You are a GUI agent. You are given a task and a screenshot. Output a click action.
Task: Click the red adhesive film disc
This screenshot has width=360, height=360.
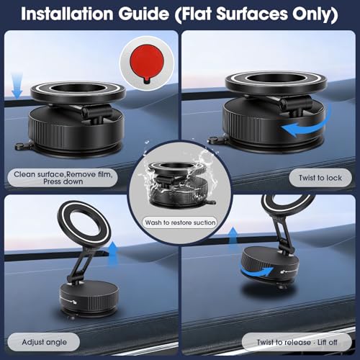coord(147,62)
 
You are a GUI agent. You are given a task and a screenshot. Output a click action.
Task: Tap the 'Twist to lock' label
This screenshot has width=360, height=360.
coord(320,178)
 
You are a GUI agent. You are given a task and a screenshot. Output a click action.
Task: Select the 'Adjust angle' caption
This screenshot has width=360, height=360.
coord(44,342)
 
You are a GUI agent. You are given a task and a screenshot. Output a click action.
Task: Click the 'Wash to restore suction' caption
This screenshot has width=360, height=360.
coord(180,222)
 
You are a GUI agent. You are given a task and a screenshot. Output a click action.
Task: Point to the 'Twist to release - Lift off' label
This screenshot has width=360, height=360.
coord(297,342)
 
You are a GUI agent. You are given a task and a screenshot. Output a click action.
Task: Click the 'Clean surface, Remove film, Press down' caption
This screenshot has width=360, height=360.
coord(63,178)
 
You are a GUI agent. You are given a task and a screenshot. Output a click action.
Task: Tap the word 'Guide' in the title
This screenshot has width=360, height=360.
coord(143,14)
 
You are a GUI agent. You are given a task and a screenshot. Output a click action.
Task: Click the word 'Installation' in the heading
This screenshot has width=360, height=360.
coord(67,14)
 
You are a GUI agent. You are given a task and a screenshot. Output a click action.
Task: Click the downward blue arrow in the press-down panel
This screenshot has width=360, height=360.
coord(17,86)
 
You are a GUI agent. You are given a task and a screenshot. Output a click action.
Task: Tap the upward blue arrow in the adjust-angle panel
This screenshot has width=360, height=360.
coord(113,253)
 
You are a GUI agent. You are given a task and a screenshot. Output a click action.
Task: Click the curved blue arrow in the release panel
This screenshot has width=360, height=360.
coord(257,272)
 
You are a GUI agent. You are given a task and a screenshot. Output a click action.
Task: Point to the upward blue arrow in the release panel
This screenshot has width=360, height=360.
coord(233,239)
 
